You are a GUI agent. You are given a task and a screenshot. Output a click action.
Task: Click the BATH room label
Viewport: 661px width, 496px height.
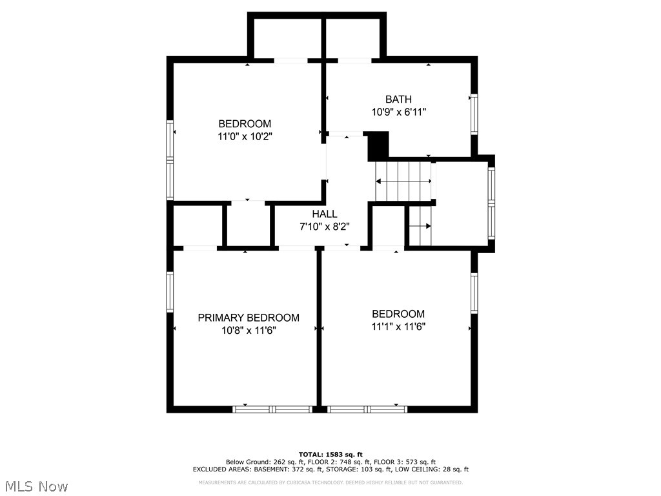pos(398,99)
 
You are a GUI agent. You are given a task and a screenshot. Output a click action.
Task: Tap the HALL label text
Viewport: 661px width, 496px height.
pos(324,214)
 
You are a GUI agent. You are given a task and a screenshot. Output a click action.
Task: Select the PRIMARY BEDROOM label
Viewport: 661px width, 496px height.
pos(248,318)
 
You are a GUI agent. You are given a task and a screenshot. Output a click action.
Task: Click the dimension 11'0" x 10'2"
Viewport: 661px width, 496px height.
pos(245,136)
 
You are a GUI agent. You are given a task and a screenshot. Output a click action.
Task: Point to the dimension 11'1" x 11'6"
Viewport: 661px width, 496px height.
pos(398,326)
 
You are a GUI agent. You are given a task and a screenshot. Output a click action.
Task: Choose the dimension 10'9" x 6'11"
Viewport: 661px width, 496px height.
pos(398,112)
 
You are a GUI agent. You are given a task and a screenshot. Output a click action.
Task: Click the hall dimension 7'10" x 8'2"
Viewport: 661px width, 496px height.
pos(324,226)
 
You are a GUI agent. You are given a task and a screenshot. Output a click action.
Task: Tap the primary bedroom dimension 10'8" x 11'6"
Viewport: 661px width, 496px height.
pos(248,330)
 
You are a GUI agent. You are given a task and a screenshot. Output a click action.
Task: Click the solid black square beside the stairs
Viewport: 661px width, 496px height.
pos(378,145)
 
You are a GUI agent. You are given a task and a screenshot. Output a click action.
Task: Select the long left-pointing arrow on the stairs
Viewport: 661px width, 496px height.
pos(404,182)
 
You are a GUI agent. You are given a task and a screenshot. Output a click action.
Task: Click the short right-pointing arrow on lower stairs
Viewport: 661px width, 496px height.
pos(420,226)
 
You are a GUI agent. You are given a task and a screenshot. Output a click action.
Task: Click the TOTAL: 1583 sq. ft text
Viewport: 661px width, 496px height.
pos(330,454)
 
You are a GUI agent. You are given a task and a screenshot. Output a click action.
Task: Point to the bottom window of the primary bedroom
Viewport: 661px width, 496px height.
pos(272,409)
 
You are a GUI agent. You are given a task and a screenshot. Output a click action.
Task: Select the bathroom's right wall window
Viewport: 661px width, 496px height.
pos(474,114)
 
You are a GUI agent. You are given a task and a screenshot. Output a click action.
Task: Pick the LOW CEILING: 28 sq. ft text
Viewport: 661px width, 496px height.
pos(440,470)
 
